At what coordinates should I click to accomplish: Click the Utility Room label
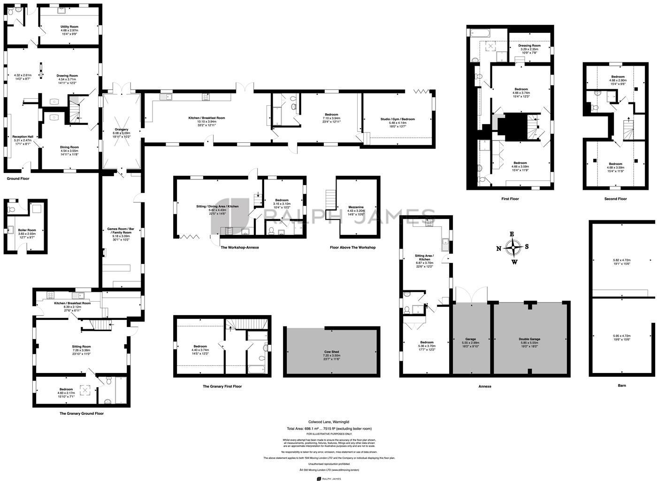click(69, 27)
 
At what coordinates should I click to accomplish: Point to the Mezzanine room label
click(355, 207)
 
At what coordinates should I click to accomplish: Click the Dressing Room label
click(529, 46)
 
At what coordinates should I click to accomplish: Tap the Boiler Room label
click(27, 230)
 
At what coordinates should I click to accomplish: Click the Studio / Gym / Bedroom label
click(397, 119)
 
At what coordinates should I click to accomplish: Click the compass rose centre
click(514, 247)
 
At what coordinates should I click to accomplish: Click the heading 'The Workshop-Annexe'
click(239, 247)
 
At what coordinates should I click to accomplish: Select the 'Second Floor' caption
click(615, 199)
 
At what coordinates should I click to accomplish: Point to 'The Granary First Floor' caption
click(222, 386)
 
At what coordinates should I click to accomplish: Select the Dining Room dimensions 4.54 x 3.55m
click(69, 151)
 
